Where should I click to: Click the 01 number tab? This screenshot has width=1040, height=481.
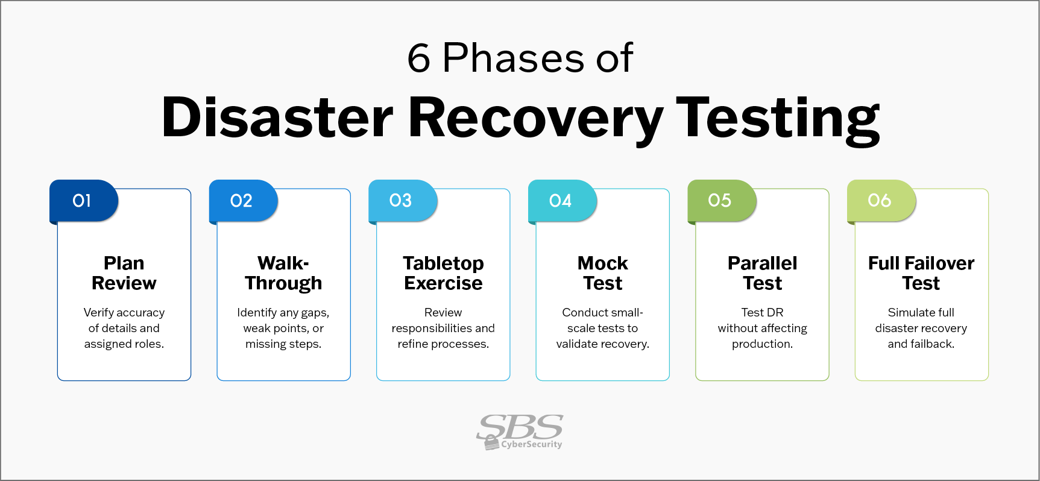pos(83,201)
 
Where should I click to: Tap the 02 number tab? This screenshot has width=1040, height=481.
pos(242,201)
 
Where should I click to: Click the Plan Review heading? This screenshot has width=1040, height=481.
pos(124,273)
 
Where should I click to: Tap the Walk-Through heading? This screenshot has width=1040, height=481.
pos(283,273)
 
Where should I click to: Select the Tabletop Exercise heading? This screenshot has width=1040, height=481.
pos(443,273)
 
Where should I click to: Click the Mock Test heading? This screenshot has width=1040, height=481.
pos(603,273)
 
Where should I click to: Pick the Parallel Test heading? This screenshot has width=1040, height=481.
pos(762,273)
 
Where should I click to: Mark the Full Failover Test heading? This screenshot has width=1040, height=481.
pos(921,273)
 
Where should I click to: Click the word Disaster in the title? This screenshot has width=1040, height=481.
pos(277,118)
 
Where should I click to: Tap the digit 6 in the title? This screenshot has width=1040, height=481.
pos(418,59)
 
